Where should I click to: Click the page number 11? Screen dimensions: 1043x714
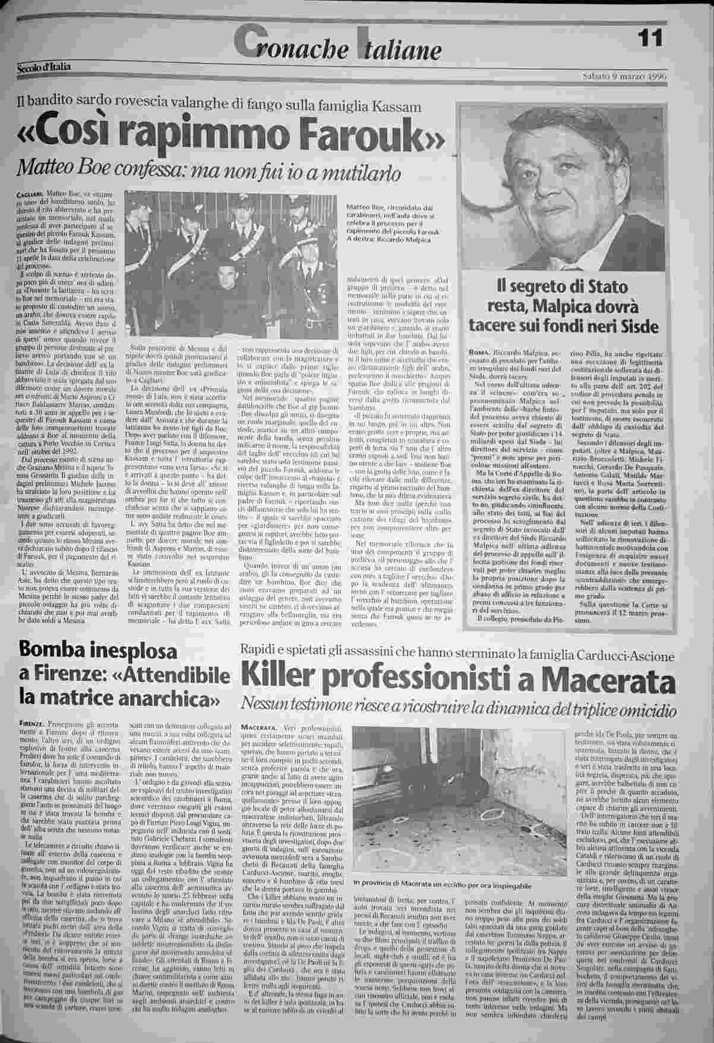point(650,40)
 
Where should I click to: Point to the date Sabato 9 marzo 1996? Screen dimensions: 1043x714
point(621,76)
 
